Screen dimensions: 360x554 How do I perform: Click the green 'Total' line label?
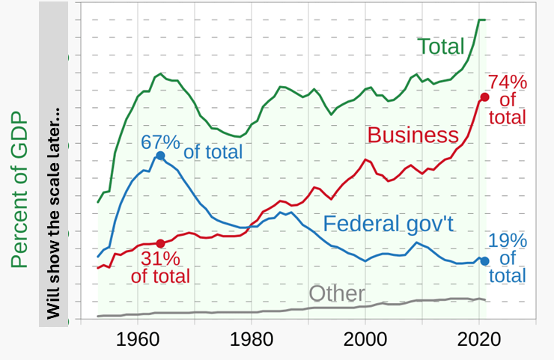click(441, 46)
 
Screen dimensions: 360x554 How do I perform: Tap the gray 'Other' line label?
click(337, 293)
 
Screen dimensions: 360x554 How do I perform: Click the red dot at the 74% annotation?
click(484, 97)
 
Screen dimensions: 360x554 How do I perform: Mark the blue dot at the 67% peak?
click(160, 155)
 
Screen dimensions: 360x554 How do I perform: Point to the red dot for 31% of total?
click(160, 244)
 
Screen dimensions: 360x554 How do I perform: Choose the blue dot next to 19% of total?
click(484, 260)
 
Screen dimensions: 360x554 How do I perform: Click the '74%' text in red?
click(508, 82)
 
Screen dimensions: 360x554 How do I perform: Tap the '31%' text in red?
click(160, 259)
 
